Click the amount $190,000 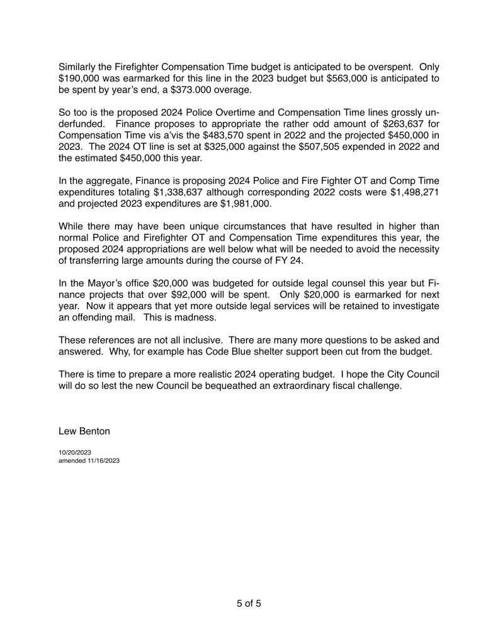tap(79, 78)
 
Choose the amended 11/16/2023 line tap(89, 460)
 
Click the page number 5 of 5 tap(249, 603)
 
